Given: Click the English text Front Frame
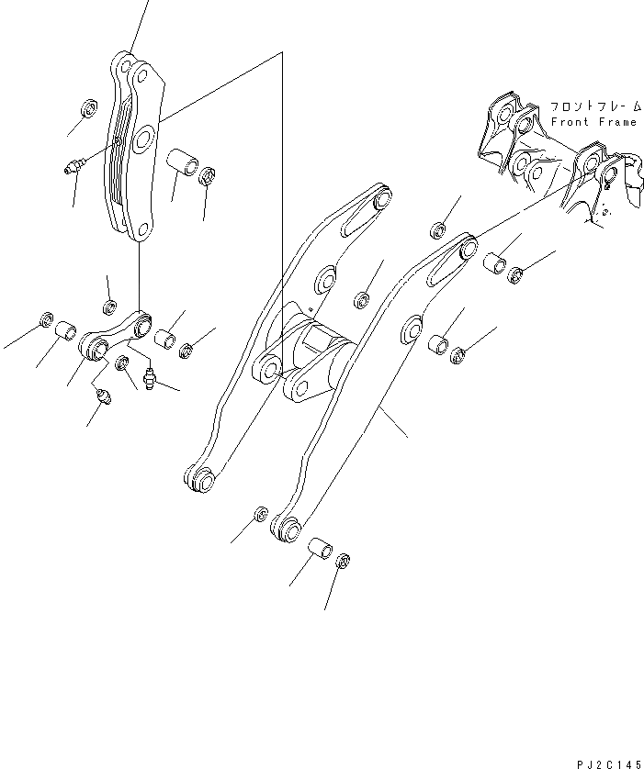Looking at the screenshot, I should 593,122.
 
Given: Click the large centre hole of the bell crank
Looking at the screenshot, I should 143,140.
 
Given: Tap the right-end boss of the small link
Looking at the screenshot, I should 141,324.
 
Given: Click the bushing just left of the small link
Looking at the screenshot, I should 65,329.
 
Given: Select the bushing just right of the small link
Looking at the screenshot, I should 165,340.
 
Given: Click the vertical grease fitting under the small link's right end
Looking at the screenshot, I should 152,373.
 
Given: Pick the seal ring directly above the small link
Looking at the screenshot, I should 107,306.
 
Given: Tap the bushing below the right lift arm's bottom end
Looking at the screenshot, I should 322,552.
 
